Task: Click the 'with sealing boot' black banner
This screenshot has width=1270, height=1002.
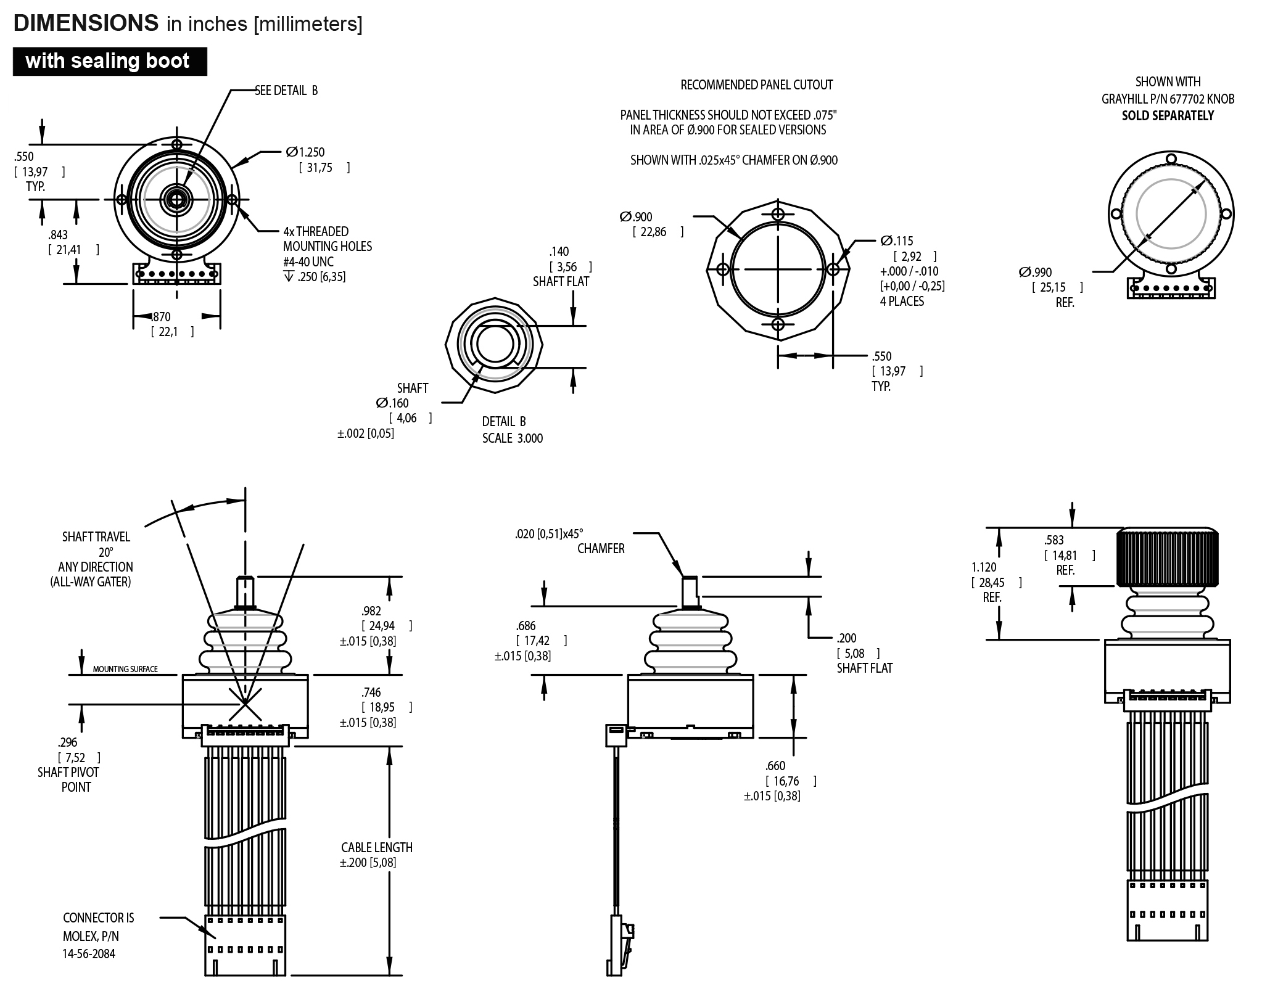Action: coord(109,61)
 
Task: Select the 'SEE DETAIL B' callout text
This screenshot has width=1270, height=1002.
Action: coord(286,91)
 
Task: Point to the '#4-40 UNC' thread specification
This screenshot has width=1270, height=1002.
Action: coord(308,261)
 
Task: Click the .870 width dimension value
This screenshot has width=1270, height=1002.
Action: coord(161,317)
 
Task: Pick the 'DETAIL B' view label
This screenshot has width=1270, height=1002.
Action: coord(504,422)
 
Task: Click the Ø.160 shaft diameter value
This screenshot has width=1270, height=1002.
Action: coord(392,403)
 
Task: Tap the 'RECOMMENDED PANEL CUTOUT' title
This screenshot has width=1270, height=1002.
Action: coord(756,85)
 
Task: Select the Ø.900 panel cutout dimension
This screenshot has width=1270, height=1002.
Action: coord(636,217)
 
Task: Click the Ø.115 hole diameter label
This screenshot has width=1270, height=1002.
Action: coord(897,241)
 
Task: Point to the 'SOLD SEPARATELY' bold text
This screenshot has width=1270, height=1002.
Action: coord(1168,116)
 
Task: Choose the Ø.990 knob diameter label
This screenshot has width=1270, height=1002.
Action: coord(1036,273)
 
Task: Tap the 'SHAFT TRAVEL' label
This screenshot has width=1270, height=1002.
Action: coord(96,537)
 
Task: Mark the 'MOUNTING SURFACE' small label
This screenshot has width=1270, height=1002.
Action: coord(125,669)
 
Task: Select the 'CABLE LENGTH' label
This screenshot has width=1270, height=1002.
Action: coord(377,848)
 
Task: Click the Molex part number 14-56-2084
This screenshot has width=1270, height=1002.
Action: coord(89,954)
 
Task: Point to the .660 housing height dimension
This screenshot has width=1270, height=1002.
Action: coord(775,766)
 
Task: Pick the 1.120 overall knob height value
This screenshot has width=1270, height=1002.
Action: coord(984,567)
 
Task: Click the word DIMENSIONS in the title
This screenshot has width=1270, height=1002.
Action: coord(86,23)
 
